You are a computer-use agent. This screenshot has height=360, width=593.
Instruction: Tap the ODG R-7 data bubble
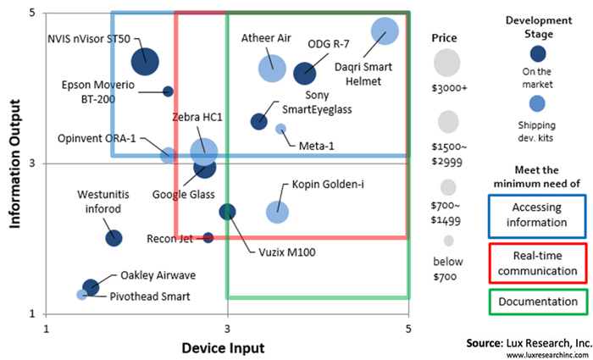[x=304, y=74]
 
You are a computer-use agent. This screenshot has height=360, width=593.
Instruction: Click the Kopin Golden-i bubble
[x=277, y=212]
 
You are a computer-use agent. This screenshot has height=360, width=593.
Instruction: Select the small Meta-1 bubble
[x=281, y=129]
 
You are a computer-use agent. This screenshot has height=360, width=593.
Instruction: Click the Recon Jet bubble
[x=208, y=237]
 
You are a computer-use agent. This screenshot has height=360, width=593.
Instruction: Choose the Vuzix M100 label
[x=276, y=251]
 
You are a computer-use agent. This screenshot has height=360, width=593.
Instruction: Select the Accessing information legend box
[x=537, y=215]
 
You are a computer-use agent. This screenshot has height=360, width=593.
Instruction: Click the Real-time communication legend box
[x=537, y=263]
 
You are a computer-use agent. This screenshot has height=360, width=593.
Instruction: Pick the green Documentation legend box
[x=537, y=302]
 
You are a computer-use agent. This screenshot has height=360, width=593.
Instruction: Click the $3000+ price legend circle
[x=446, y=62]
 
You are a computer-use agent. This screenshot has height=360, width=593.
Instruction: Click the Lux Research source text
[x=527, y=344]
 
